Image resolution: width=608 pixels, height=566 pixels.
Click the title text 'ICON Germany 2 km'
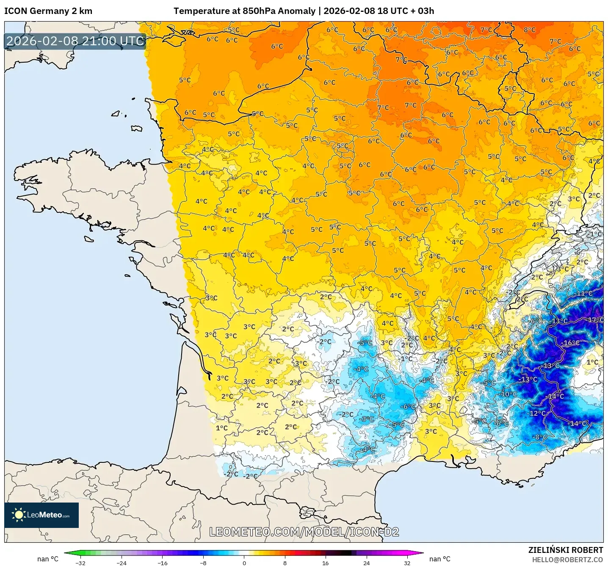point(48,11)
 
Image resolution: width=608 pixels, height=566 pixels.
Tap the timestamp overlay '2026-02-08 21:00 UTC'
point(75,41)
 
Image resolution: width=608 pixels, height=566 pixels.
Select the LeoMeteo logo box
point(41,515)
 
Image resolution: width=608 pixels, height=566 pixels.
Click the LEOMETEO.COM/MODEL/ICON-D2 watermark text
point(304,532)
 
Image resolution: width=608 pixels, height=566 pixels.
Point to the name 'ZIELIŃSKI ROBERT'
point(565,550)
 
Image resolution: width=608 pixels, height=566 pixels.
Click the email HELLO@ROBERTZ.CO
point(567,560)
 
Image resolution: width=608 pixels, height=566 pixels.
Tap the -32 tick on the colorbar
point(80,563)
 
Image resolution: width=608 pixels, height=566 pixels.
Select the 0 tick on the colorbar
point(244,563)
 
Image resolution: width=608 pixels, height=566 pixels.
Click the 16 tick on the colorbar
point(325,563)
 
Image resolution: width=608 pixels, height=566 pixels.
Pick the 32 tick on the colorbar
point(407,563)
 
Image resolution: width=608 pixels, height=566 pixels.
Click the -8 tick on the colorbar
point(203,563)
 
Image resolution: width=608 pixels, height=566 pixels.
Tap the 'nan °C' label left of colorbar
point(47,559)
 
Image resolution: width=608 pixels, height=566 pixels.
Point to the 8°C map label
point(529,30)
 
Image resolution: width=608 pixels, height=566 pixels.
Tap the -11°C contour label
point(584,293)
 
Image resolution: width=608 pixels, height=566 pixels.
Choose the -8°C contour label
point(540,437)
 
